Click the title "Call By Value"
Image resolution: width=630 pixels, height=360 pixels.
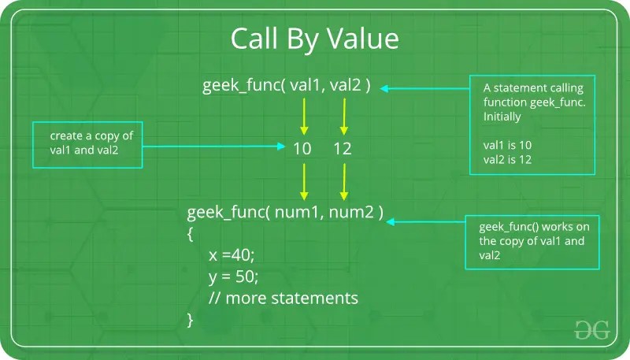[314, 39]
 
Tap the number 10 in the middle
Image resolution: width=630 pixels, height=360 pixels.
[302, 148]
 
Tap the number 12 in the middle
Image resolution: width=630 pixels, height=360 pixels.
[342, 148]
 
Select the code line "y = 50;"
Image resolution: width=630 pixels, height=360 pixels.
[234, 276]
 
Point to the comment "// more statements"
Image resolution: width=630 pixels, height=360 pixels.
[283, 299]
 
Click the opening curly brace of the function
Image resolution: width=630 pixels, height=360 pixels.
[191, 234]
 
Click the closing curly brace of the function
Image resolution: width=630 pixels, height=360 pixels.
[191, 320]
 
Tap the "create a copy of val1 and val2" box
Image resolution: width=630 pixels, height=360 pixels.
[87, 144]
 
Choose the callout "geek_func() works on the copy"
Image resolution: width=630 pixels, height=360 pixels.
[533, 241]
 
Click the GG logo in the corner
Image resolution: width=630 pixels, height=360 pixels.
[592, 330]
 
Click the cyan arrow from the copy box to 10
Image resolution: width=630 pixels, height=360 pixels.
[213, 147]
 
